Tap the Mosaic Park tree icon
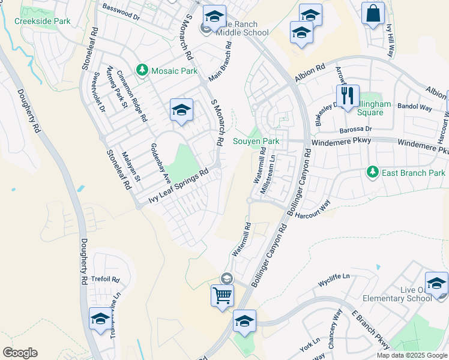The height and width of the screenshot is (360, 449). pos(142,71)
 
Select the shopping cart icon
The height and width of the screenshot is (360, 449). pos(222,295)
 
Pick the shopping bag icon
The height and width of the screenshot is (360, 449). pos(373,14)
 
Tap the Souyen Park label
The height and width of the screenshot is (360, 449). pos(256,141)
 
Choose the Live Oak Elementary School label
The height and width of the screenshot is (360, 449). pos(416,295)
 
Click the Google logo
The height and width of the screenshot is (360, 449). pos(20,353)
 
